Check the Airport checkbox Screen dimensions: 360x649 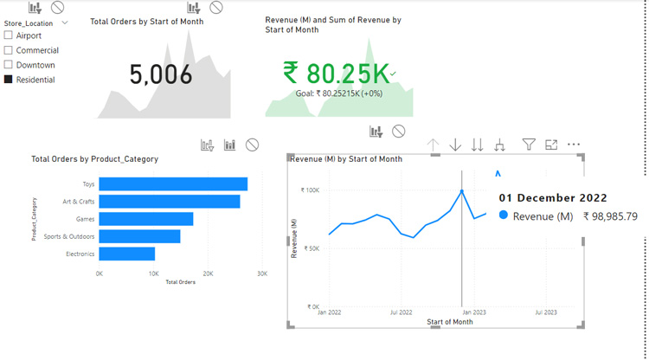(9, 35)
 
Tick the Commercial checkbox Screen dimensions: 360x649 (9, 50)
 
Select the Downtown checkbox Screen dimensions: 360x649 (9, 65)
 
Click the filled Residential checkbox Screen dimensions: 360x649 (9, 80)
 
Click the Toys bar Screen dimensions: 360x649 (173, 183)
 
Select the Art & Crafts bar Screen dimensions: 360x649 (169, 202)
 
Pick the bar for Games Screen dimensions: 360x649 (145, 219)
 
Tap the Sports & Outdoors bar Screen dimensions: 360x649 (139, 236)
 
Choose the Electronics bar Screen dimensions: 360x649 (126, 254)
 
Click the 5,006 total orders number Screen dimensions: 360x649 (161, 75)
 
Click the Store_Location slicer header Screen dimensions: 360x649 (29, 23)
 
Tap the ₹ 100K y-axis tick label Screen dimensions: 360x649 (310, 190)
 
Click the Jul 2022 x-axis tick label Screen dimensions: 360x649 (400, 312)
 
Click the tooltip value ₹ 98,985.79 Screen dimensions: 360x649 (610, 216)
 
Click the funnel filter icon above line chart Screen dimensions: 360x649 (529, 145)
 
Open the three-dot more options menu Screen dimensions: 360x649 (573, 145)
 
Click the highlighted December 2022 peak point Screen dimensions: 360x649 (462, 191)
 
